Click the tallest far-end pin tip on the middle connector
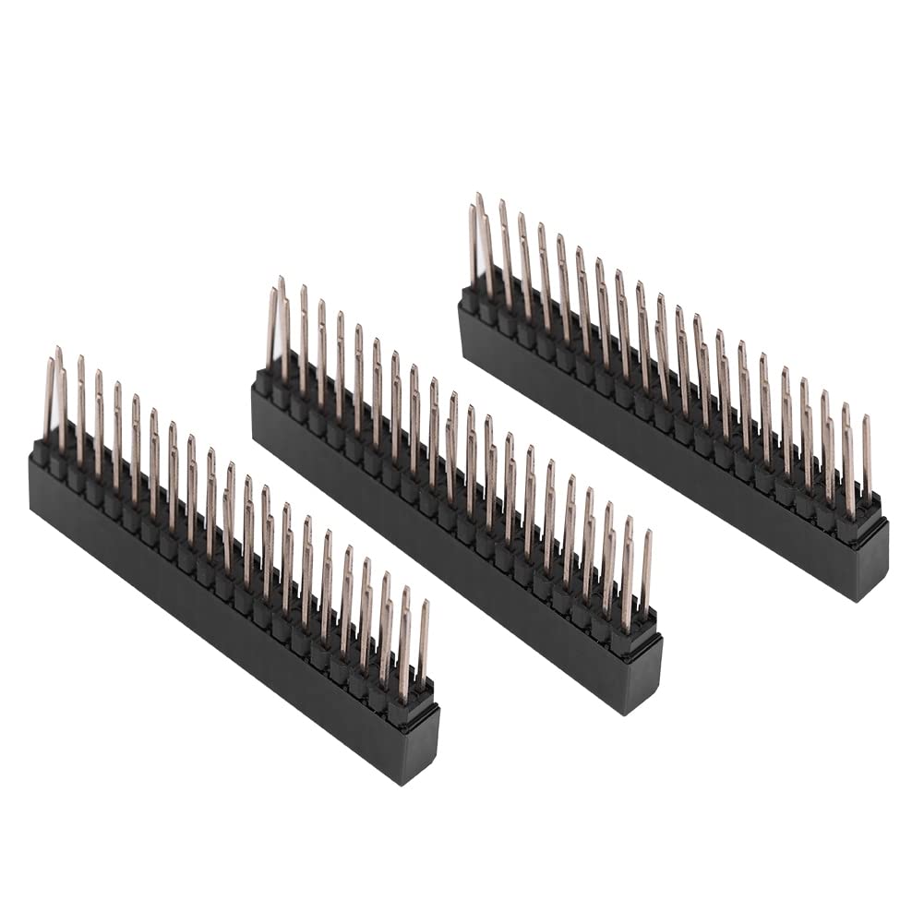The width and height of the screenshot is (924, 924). tap(280, 279)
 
